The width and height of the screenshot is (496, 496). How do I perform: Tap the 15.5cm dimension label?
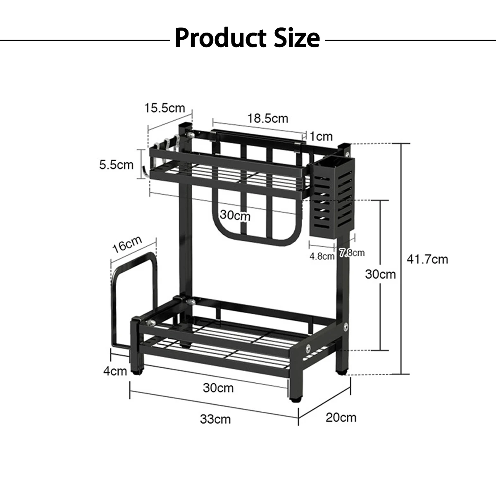click(x=165, y=108)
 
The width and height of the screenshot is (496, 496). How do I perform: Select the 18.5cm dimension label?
click(x=268, y=118)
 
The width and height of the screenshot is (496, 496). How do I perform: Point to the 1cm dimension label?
click(x=321, y=136)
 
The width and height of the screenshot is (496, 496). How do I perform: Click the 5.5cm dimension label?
click(x=116, y=165)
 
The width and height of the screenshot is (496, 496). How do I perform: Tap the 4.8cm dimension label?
click(x=322, y=256)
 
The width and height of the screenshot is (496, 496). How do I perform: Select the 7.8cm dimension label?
click(x=352, y=253)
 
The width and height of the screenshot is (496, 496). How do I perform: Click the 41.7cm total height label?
click(x=427, y=259)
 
